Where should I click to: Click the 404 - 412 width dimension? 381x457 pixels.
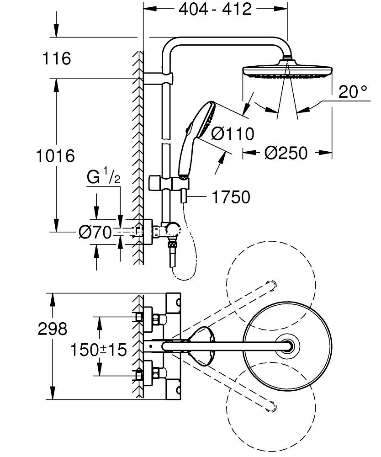pyautogui.click(x=215, y=9)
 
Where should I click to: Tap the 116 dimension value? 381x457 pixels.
pyautogui.click(x=57, y=58)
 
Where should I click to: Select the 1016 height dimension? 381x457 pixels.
pyautogui.click(x=55, y=156)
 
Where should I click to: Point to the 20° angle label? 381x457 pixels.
pyautogui.click(x=353, y=92)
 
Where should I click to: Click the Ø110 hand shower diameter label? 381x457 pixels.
pyautogui.click(x=232, y=134)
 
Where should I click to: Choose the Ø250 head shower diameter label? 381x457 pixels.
pyautogui.click(x=286, y=153)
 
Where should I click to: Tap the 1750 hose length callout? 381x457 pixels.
pyautogui.click(x=231, y=197)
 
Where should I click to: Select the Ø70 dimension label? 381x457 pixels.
pyautogui.click(x=95, y=232)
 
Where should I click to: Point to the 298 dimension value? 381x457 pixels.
pyautogui.click(x=53, y=329)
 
